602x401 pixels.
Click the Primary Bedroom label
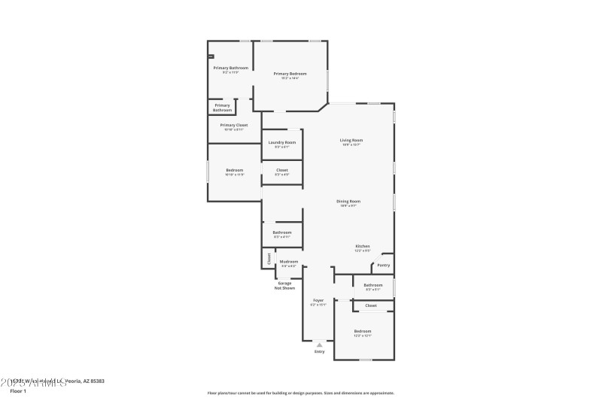tap(290, 74)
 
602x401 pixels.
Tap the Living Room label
tap(351, 141)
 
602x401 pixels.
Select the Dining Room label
tap(348, 202)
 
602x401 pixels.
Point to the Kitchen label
tap(363, 247)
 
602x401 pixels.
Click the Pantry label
tap(384, 265)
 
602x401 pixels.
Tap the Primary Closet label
tap(233, 126)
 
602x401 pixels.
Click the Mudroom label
tap(289, 262)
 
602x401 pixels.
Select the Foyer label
tap(318, 301)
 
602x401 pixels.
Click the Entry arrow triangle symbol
tap(319, 345)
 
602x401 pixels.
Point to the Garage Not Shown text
tap(284, 285)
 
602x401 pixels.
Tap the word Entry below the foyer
tap(319, 351)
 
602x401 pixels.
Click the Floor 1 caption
tap(18, 391)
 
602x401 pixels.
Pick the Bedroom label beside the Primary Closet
tap(234, 171)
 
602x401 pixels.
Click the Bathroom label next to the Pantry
tap(373, 286)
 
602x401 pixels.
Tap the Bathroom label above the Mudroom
tap(282, 233)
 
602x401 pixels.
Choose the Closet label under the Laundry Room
tap(281, 171)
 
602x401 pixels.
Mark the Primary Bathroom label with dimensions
tap(230, 68)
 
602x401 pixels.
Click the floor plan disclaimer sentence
tap(300, 393)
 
